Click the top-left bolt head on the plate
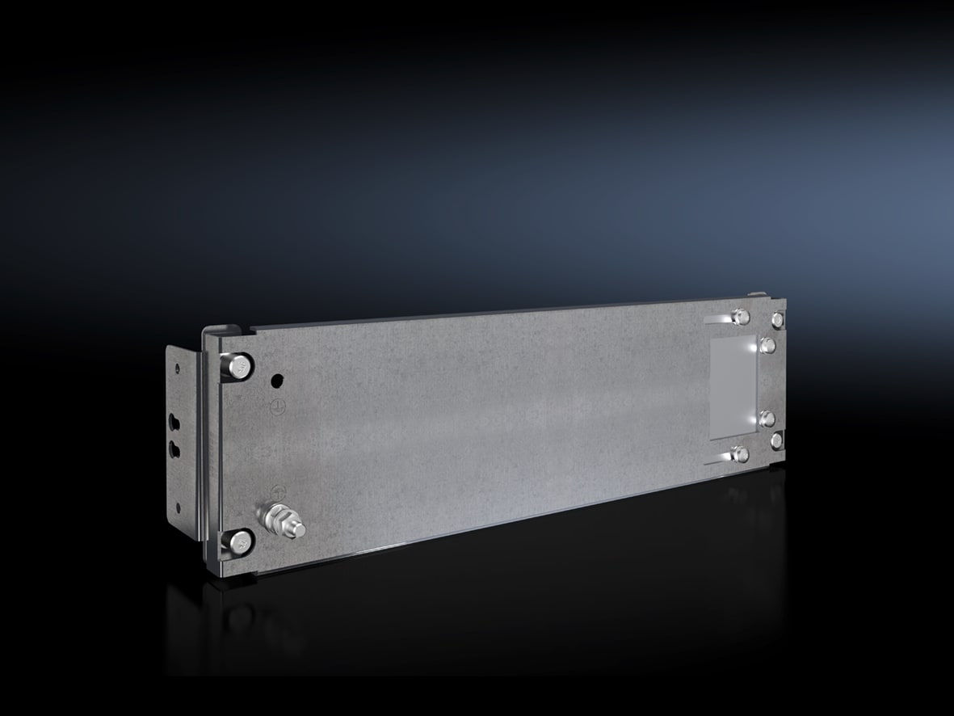[240, 367]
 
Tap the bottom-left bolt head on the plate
[238, 542]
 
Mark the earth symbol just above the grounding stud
[276, 490]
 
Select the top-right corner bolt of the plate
[777, 320]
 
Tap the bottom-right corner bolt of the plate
[776, 440]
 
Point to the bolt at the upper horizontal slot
[738, 316]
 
